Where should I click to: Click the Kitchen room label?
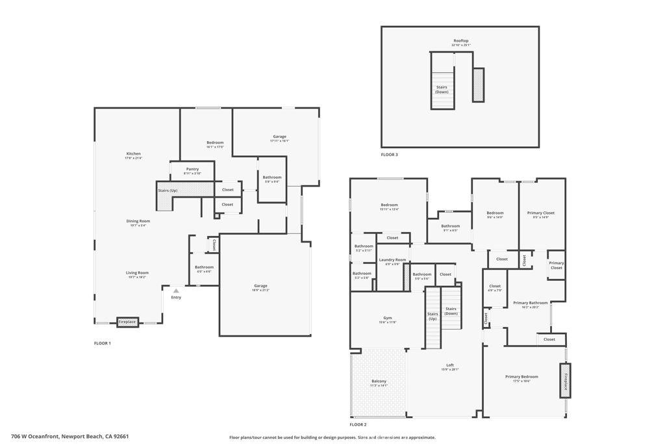(133, 154)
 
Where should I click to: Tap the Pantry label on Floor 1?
(192, 169)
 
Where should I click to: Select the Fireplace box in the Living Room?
(127, 322)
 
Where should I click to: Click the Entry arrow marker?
(175, 291)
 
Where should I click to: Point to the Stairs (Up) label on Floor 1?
(168, 190)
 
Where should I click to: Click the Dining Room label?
(138, 221)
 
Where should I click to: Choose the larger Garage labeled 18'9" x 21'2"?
(260, 286)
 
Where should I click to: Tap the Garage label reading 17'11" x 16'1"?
(279, 137)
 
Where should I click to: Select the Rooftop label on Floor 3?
(460, 41)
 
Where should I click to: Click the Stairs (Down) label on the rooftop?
(442, 89)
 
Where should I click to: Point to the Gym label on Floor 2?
(388, 318)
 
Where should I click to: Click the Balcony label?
(379, 382)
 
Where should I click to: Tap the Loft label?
(450, 365)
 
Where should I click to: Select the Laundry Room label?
(392, 260)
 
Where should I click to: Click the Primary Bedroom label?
(521, 377)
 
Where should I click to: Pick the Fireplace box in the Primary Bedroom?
(565, 380)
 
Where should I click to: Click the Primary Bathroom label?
(530, 303)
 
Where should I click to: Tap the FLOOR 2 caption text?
(357, 424)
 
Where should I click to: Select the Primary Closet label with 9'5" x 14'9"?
(540, 213)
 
